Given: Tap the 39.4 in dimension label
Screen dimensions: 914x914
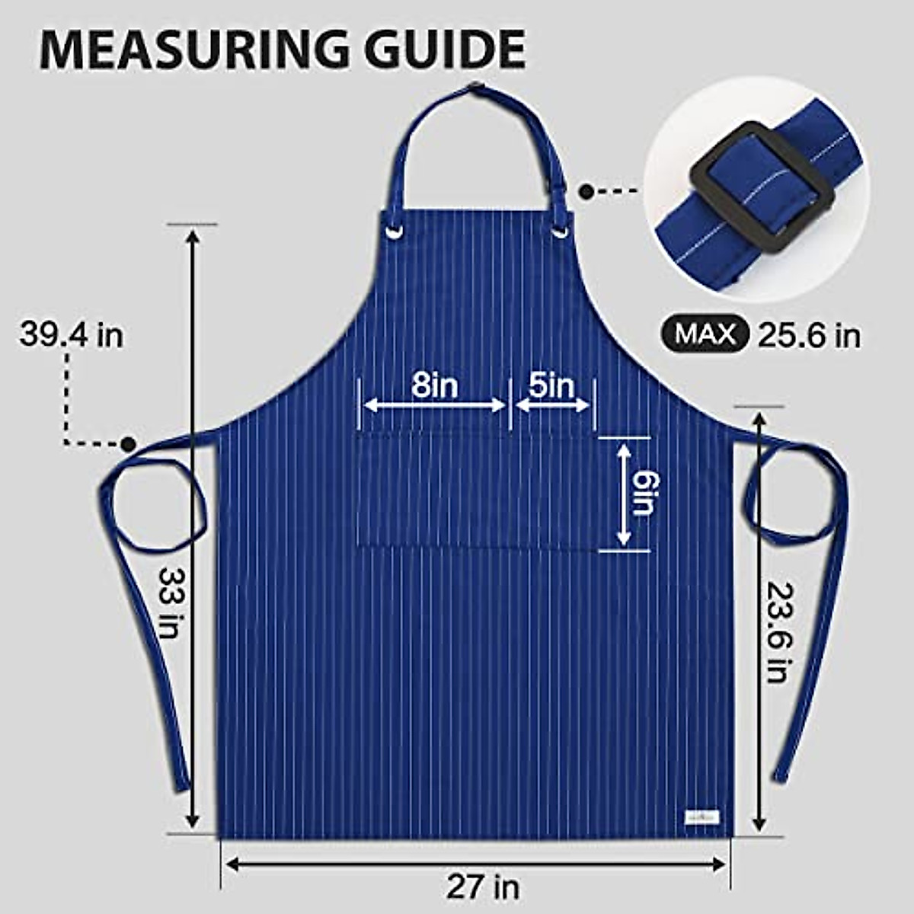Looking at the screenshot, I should [x=71, y=334].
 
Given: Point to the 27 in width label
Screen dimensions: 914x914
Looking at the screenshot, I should [x=483, y=887].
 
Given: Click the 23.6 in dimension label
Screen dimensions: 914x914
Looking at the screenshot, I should [x=778, y=631].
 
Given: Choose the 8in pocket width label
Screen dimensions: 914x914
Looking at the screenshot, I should [x=435, y=385].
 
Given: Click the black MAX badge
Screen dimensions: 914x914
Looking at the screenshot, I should [x=705, y=334].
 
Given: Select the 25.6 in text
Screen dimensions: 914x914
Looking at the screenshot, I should [x=809, y=335].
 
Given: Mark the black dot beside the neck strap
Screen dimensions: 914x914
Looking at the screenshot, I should [x=586, y=191].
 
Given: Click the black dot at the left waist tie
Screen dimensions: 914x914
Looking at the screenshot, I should [x=128, y=443].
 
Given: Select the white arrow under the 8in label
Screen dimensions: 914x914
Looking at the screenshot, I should [x=435, y=405].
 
